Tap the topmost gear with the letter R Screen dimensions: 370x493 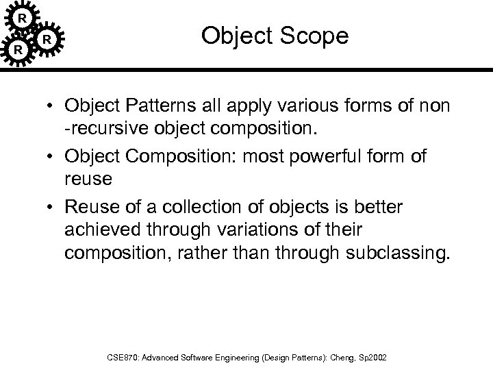pos(23,15)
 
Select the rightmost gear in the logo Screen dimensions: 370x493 pos(47,39)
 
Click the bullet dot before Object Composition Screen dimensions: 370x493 pos(52,156)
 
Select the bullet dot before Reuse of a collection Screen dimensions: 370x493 pos(52,208)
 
